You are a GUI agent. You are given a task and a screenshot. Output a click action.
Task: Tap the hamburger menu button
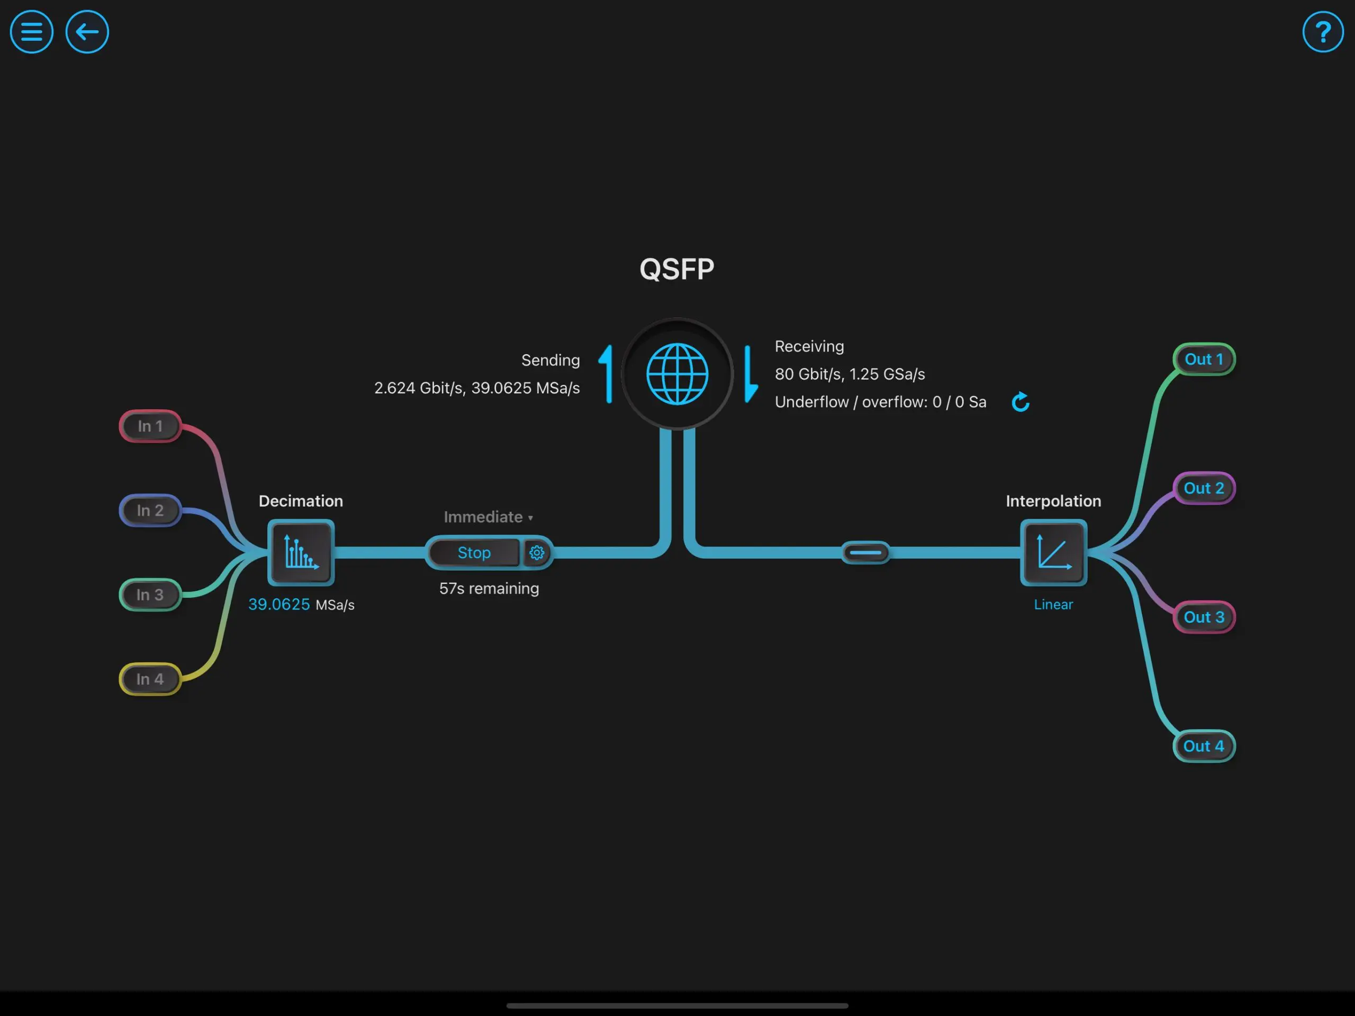point(31,32)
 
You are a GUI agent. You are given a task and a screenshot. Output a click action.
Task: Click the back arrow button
point(87,32)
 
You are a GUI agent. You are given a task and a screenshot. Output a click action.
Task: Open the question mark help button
point(1323,32)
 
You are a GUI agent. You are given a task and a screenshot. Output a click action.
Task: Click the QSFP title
point(677,269)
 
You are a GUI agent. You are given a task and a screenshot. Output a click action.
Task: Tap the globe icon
point(677,374)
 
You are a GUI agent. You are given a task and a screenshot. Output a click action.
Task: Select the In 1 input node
point(150,426)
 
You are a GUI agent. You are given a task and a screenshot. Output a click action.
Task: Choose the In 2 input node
point(150,510)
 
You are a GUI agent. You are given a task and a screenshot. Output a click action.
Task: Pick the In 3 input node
point(150,595)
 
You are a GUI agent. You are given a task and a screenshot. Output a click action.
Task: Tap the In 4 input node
point(150,679)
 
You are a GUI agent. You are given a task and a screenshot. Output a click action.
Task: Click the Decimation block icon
point(301,553)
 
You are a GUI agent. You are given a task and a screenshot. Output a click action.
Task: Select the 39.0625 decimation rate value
point(279,605)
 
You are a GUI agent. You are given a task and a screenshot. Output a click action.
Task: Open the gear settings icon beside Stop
point(537,553)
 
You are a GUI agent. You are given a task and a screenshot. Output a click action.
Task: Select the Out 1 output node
point(1204,359)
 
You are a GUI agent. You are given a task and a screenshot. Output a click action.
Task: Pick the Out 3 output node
point(1204,617)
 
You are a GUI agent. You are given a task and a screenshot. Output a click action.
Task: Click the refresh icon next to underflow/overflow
point(1020,402)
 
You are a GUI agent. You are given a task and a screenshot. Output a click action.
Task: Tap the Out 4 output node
point(1204,747)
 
